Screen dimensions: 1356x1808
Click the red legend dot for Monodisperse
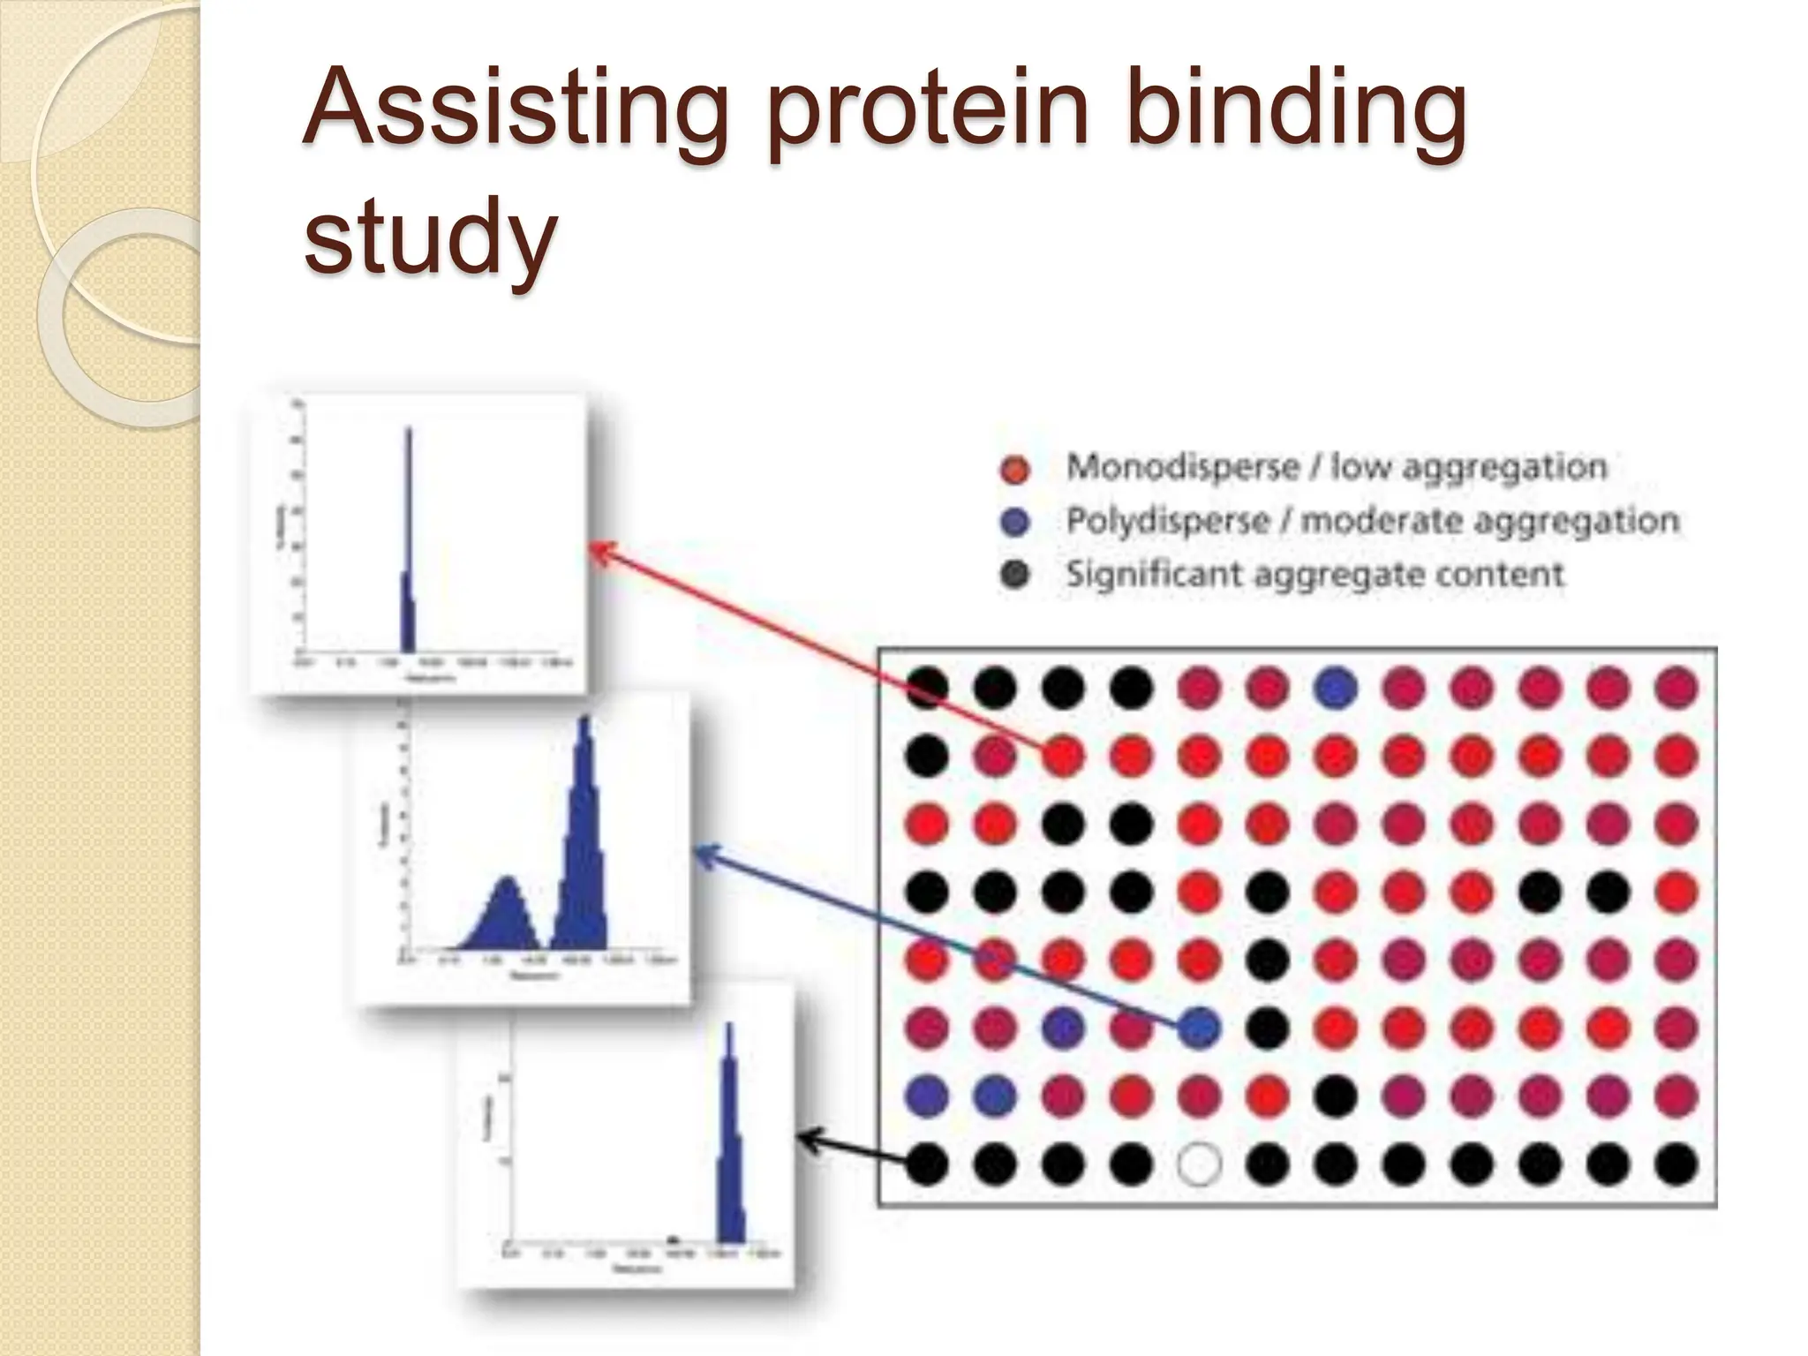pyautogui.click(x=1015, y=469)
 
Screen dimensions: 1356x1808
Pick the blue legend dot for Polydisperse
pyautogui.click(x=1015, y=523)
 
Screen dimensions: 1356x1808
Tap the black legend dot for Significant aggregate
pyautogui.click(x=1015, y=576)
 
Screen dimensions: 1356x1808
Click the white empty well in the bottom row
pyautogui.click(x=1199, y=1164)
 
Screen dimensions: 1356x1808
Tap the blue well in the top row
pyautogui.click(x=1335, y=688)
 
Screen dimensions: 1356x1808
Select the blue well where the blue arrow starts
pyautogui.click(x=1199, y=1028)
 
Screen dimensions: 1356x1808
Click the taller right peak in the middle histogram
pyautogui.click(x=583, y=839)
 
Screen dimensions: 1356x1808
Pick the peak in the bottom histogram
pyautogui.click(x=729, y=1148)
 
